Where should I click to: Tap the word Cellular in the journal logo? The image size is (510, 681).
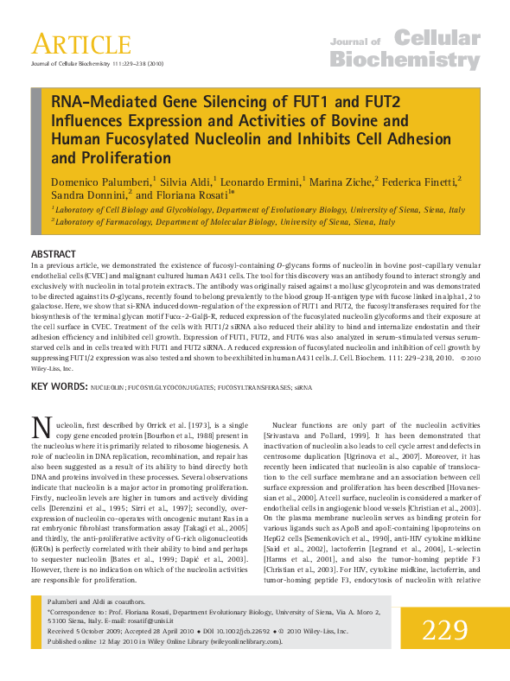[437, 37]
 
